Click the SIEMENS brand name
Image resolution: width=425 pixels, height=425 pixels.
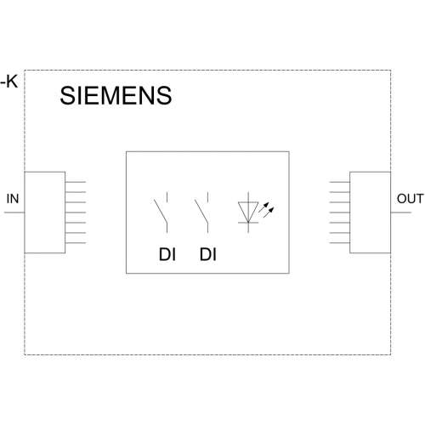(116, 95)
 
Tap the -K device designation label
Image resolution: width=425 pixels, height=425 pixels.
(9, 82)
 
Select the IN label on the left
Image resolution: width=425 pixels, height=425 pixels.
(13, 199)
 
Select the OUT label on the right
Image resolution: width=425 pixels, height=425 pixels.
(410, 199)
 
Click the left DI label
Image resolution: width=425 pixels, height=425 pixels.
(167, 254)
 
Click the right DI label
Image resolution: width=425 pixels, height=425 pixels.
(208, 254)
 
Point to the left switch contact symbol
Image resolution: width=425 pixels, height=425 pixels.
(161, 212)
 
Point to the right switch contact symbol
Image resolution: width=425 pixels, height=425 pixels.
(201, 212)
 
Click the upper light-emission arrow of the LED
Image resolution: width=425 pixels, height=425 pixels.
(263, 207)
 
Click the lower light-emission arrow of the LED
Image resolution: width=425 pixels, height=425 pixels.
(269, 212)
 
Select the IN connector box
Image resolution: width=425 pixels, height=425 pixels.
(45, 212)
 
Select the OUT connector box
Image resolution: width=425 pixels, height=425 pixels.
(371, 212)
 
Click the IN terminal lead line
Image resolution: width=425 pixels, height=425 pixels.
(14, 212)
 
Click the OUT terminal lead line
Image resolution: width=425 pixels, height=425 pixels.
(401, 212)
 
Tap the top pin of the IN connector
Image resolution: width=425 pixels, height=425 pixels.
(76, 182)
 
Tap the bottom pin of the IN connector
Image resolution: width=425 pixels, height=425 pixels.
(76, 243)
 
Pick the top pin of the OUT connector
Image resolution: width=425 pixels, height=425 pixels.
(340, 182)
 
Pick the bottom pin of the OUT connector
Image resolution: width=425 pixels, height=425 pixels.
(340, 243)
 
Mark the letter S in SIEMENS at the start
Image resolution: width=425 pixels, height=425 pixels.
(68, 95)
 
